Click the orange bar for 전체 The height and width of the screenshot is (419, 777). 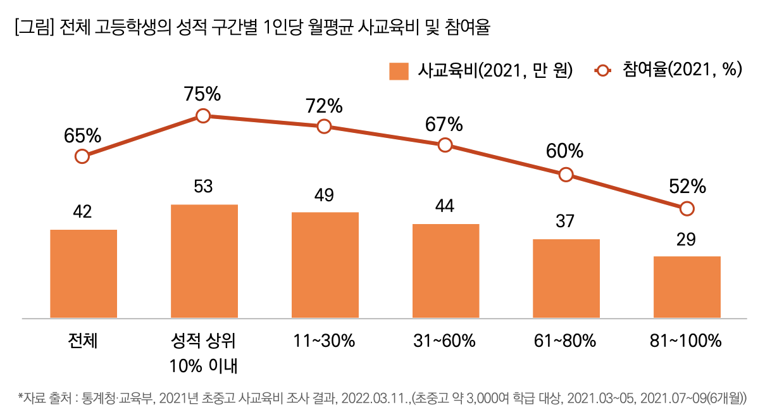[x=84, y=273]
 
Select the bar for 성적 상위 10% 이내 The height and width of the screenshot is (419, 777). [x=204, y=261]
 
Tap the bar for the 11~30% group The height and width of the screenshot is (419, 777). [x=325, y=265]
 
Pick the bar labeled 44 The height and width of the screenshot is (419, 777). [x=446, y=271]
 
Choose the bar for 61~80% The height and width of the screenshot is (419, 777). [x=566, y=278]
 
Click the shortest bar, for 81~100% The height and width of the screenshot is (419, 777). [x=687, y=287]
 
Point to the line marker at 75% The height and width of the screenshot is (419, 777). [x=203, y=116]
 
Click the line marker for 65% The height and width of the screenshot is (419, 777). [x=82, y=156]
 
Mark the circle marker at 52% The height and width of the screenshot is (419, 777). [x=687, y=208]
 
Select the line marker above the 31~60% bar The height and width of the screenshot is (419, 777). [x=445, y=145]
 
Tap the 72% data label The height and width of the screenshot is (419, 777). [x=324, y=106]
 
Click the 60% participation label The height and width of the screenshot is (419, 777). [x=565, y=151]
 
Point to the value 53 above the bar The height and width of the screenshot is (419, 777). [x=203, y=187]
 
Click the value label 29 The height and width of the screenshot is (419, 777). [x=687, y=240]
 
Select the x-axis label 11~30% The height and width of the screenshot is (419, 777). [x=324, y=341]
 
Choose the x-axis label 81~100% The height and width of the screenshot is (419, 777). [x=686, y=341]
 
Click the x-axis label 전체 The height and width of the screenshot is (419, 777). [x=83, y=341]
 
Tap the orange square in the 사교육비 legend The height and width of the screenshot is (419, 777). [x=399, y=71]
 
